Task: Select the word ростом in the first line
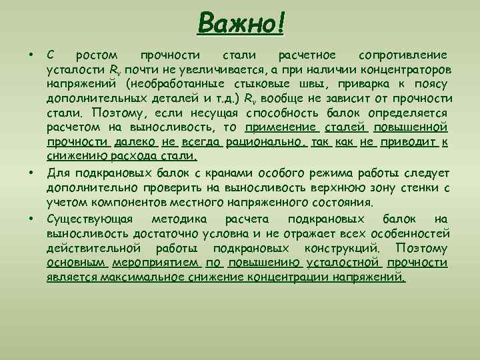(x=97, y=54)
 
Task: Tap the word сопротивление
(x=403, y=54)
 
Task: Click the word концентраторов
(x=405, y=69)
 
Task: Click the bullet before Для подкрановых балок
(x=31, y=173)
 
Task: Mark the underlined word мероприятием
(x=155, y=263)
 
